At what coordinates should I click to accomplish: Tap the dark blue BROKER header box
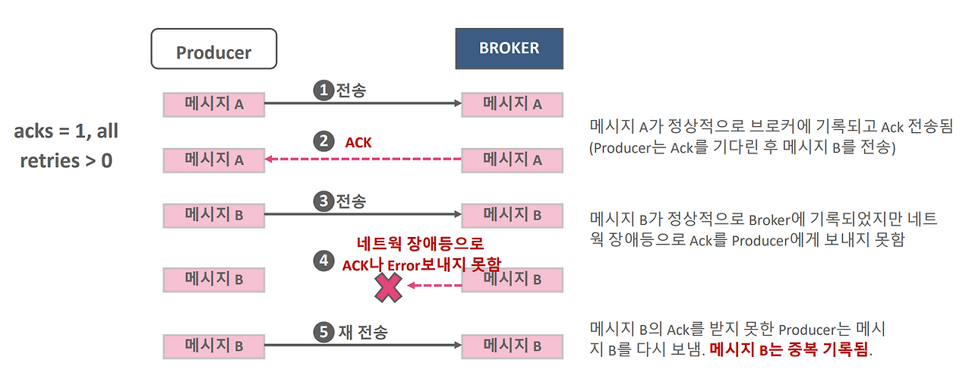[509, 49]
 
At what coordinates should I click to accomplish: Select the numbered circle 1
[324, 90]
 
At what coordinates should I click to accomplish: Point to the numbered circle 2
[324, 142]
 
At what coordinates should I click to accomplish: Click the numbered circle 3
[324, 201]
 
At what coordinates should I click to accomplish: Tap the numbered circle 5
[324, 332]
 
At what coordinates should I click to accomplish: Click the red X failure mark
[388, 287]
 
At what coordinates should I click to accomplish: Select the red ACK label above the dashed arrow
[358, 142]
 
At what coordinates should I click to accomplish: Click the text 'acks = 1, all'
[66, 131]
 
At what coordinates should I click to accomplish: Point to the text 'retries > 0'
[66, 160]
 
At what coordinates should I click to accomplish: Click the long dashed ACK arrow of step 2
[363, 160]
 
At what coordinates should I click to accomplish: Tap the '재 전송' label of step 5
[362, 332]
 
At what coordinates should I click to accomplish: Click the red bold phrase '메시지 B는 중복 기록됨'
[790, 351]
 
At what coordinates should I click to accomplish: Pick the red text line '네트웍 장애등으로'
[420, 244]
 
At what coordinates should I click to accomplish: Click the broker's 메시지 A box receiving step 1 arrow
[512, 104]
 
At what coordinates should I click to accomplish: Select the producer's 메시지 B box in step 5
[213, 346]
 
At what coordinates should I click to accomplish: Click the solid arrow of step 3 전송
[363, 214]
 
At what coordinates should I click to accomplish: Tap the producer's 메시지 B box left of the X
[213, 279]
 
